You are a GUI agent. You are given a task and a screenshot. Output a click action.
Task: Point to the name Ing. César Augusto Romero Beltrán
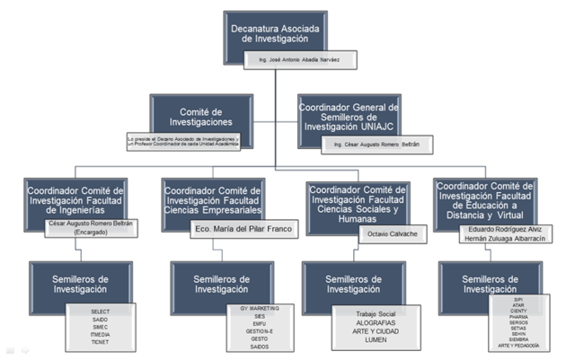click(372, 144)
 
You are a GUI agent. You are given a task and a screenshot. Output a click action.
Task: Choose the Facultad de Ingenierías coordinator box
click(75, 198)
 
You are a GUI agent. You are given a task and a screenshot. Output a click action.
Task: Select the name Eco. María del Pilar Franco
click(242, 230)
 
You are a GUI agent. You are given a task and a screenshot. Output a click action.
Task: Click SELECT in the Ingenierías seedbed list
click(102, 311)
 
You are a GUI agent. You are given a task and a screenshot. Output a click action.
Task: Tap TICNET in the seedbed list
click(102, 343)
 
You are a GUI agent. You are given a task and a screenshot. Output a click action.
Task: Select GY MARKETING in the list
click(261, 308)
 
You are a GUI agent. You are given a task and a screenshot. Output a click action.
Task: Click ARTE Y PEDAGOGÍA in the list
click(519, 346)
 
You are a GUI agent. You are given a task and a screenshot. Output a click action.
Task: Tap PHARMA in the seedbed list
click(519, 316)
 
